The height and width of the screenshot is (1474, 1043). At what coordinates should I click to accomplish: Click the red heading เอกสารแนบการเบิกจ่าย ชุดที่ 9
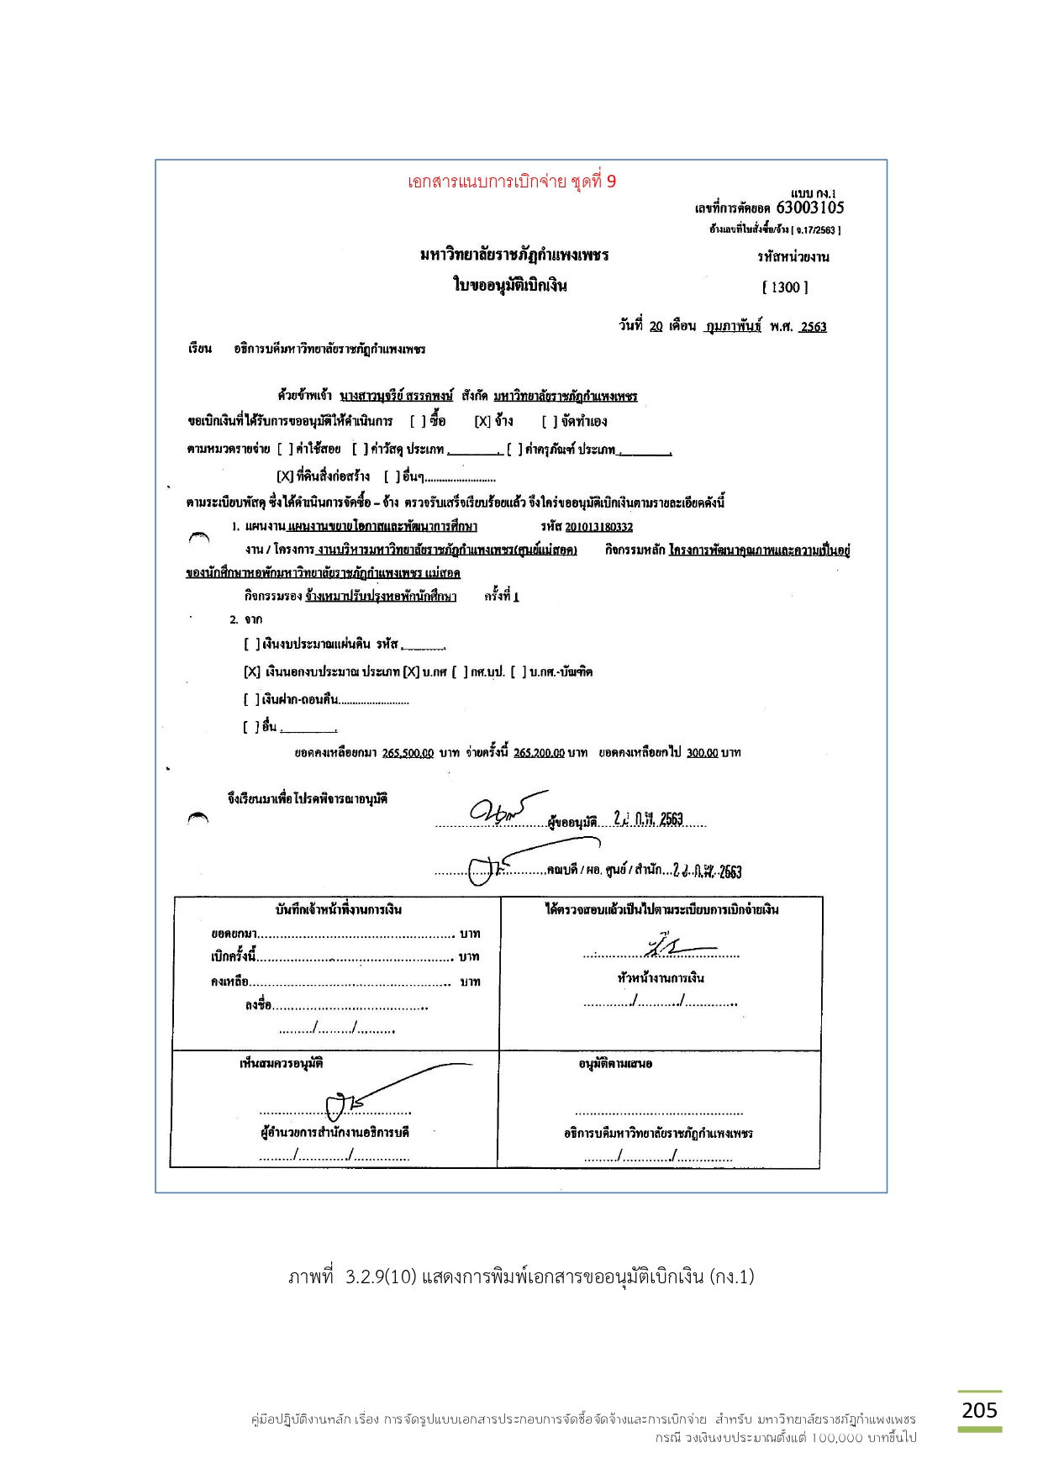pos(511,182)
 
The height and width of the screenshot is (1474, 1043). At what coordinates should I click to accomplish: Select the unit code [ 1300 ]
pos(785,287)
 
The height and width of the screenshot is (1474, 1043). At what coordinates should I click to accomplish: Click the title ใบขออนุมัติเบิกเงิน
pos(510,285)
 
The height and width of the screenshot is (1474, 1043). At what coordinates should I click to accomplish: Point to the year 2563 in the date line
pos(813,327)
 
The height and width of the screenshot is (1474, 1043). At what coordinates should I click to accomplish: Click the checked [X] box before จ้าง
pos(482,421)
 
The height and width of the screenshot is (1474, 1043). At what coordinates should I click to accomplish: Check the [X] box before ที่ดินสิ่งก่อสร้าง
pos(285,476)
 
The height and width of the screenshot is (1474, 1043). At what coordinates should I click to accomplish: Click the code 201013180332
pos(598,527)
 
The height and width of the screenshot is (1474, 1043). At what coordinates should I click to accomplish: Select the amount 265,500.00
pos(408,753)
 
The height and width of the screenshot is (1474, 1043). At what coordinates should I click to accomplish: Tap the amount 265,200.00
pos(539,753)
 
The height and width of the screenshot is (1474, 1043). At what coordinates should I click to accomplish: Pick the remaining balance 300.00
pos(702,753)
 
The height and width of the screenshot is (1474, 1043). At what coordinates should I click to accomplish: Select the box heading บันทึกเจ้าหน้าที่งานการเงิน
pos(338,909)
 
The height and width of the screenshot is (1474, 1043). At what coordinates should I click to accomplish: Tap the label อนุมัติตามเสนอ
pos(615,1064)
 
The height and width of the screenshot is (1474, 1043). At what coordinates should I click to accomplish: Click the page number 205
pos(979,1409)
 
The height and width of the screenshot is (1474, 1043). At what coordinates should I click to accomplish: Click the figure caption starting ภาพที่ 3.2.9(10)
pos(521,1277)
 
